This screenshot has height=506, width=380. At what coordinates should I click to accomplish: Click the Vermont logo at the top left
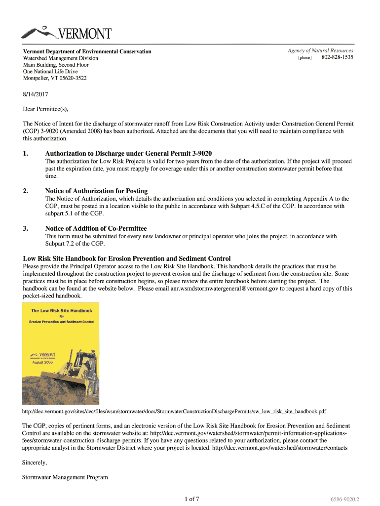[x=66, y=33]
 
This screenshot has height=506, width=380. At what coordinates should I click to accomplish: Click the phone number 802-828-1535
[x=337, y=58]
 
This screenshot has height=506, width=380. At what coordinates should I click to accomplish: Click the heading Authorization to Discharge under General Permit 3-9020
[x=128, y=154]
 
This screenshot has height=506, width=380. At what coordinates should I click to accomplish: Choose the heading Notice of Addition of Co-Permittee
[x=96, y=228]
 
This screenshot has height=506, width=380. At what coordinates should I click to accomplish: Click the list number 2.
[x=25, y=191]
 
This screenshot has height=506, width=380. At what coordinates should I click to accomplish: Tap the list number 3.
[x=25, y=228]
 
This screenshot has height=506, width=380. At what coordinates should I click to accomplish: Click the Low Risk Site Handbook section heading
[x=127, y=258]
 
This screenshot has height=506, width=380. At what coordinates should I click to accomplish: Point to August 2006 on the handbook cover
[x=43, y=362]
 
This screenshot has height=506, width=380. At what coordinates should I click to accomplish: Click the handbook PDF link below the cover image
[x=174, y=411]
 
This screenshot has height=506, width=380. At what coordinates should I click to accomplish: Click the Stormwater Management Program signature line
[x=65, y=477]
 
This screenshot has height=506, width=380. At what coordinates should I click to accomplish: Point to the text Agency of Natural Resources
[x=320, y=51]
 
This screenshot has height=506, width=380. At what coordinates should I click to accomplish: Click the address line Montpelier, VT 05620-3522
[x=55, y=78]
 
